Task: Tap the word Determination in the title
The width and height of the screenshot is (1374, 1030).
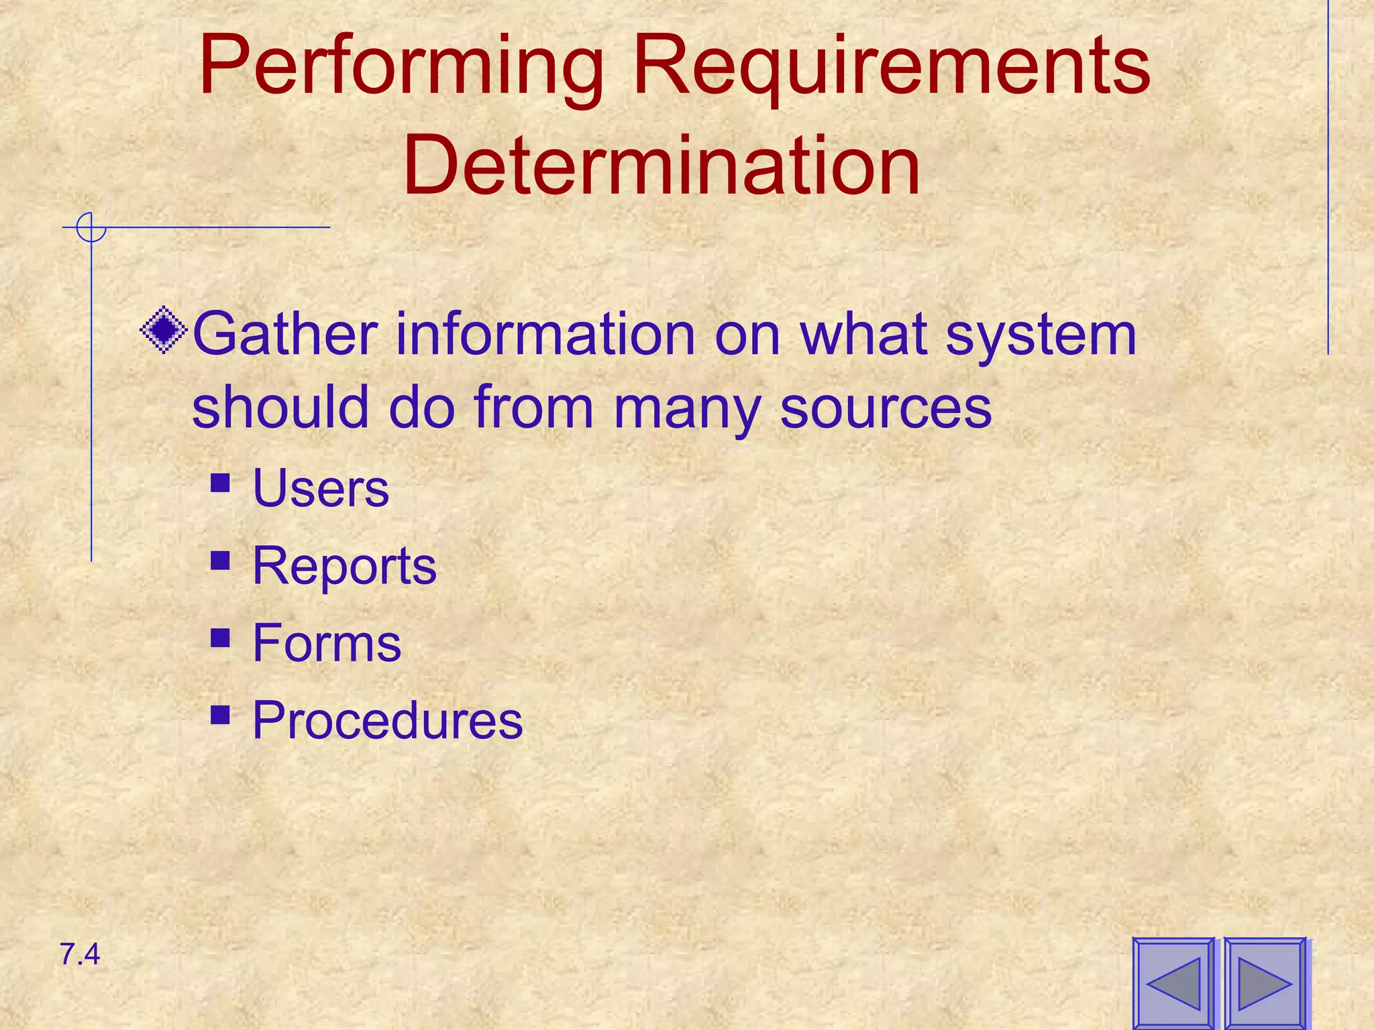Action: tap(662, 165)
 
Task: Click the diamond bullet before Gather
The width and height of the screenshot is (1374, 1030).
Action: tap(164, 330)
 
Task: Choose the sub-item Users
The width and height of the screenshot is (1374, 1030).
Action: tap(321, 488)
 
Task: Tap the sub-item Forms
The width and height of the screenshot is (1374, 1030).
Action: tap(327, 643)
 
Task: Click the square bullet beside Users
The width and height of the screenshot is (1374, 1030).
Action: tap(220, 483)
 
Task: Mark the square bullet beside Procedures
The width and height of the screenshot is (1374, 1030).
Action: tap(220, 715)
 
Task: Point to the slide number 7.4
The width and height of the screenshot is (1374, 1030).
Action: tap(80, 954)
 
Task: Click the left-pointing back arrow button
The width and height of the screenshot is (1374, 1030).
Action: tap(1173, 984)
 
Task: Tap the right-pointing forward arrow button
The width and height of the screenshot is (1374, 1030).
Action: tap(1265, 984)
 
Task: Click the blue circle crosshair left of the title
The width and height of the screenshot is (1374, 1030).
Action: tap(91, 227)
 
